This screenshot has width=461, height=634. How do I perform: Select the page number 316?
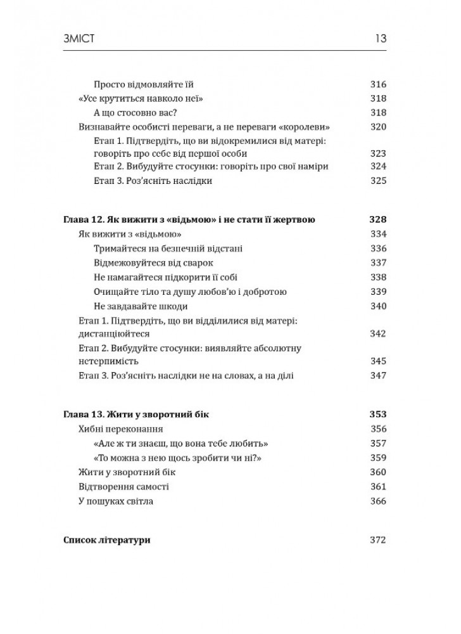(378, 84)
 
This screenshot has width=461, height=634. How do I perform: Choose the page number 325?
(378, 181)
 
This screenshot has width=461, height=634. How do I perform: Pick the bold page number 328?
(377, 220)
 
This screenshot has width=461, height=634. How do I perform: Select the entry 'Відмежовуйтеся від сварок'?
(153, 262)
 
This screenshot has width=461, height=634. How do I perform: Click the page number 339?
(378, 292)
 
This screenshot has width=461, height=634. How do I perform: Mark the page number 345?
(378, 361)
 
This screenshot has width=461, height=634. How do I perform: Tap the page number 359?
(378, 457)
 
